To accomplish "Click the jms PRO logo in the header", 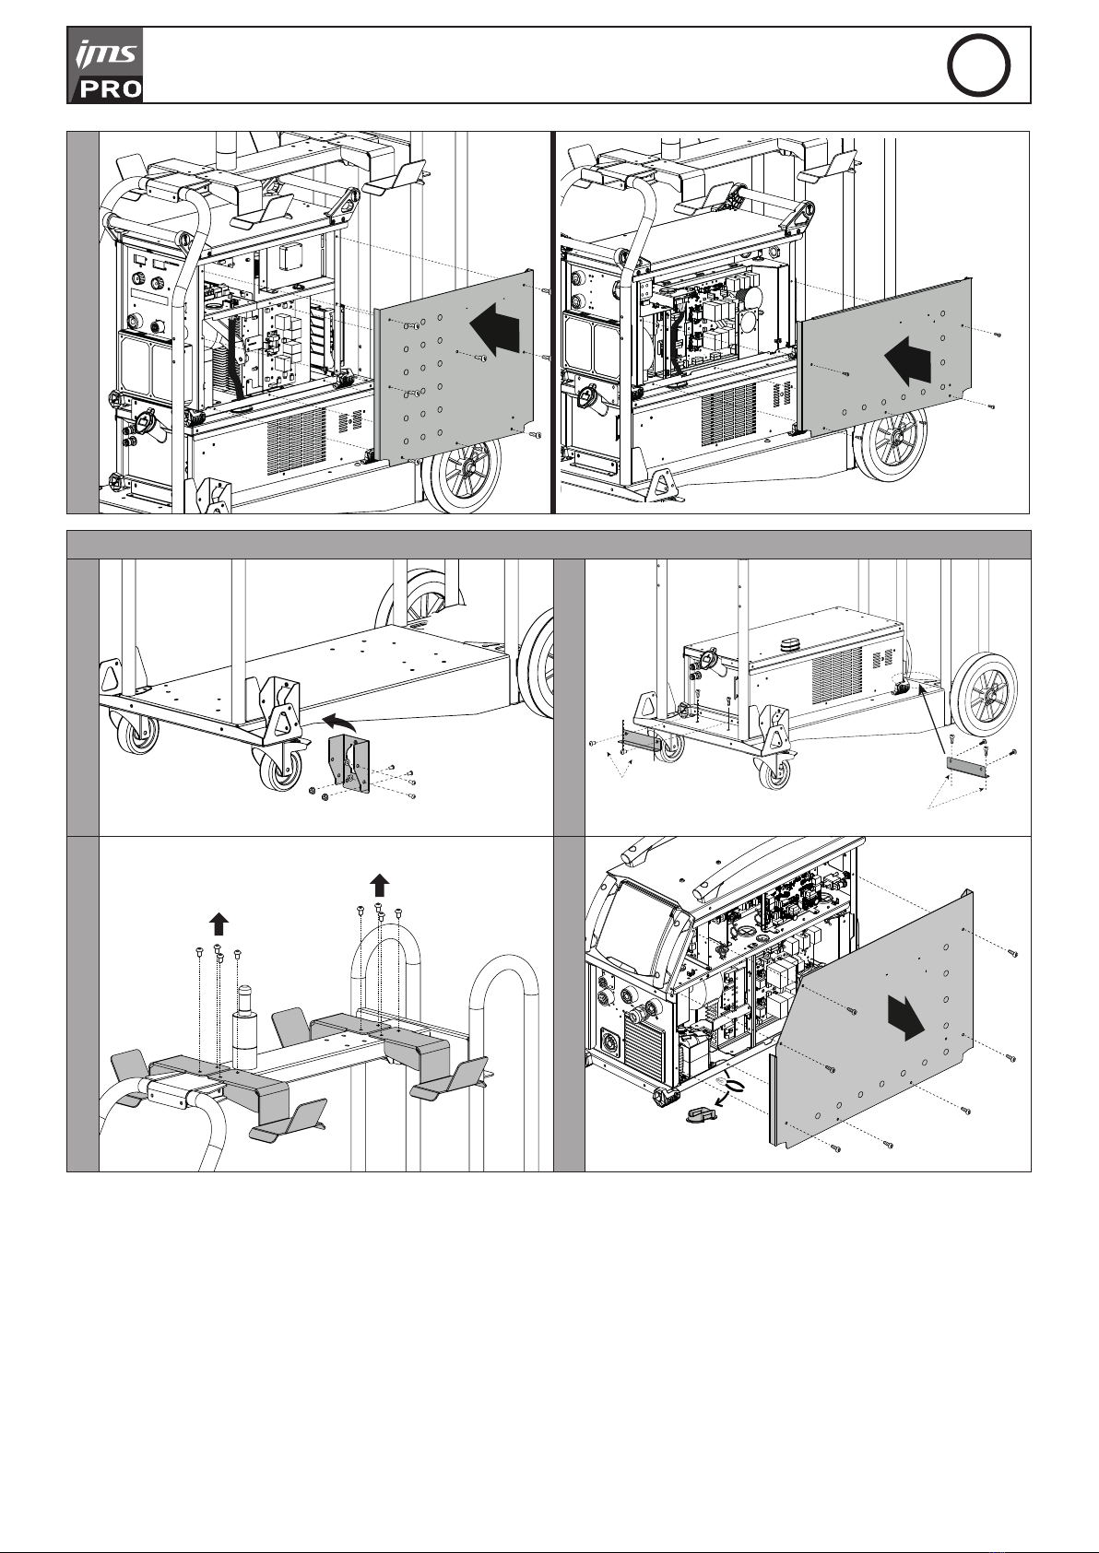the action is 106,65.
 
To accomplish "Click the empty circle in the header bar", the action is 979,65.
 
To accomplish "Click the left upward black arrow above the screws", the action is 218,923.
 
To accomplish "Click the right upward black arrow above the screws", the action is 379,885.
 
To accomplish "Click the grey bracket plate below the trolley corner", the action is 350,763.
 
